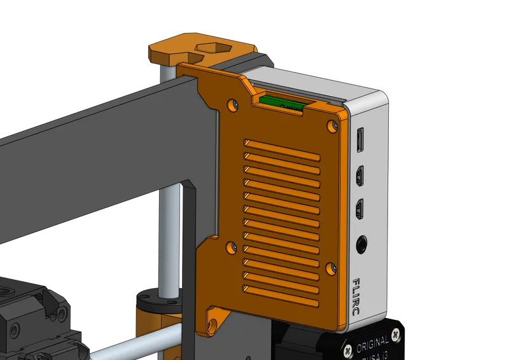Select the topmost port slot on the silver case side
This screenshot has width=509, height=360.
pyautogui.click(x=360, y=139)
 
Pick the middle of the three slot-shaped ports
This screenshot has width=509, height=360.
pyautogui.click(x=360, y=174)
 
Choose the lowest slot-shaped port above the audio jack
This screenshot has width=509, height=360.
pyautogui.click(x=361, y=209)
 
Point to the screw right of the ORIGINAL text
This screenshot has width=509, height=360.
pyautogui.click(x=396, y=335)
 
